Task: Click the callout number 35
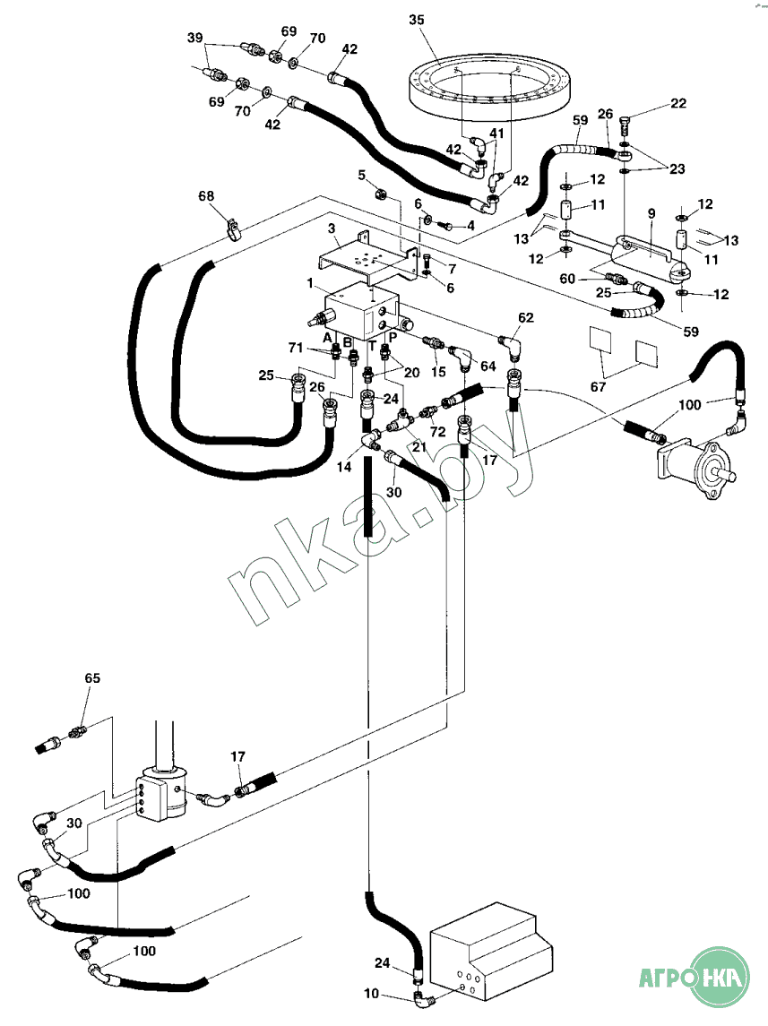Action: (417, 21)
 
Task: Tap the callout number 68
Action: (206, 195)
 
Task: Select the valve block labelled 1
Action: (362, 312)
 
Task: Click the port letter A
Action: (328, 338)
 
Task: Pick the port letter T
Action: (372, 346)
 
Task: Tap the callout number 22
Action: (678, 103)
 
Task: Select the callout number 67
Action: (598, 387)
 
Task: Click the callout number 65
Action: (92, 678)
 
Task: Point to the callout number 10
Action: (371, 993)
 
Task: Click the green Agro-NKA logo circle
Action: (720, 977)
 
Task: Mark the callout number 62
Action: (526, 318)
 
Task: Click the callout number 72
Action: (437, 432)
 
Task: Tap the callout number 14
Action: (344, 467)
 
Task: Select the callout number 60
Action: (567, 279)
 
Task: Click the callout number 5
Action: (362, 176)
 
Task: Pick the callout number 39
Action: (195, 38)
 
